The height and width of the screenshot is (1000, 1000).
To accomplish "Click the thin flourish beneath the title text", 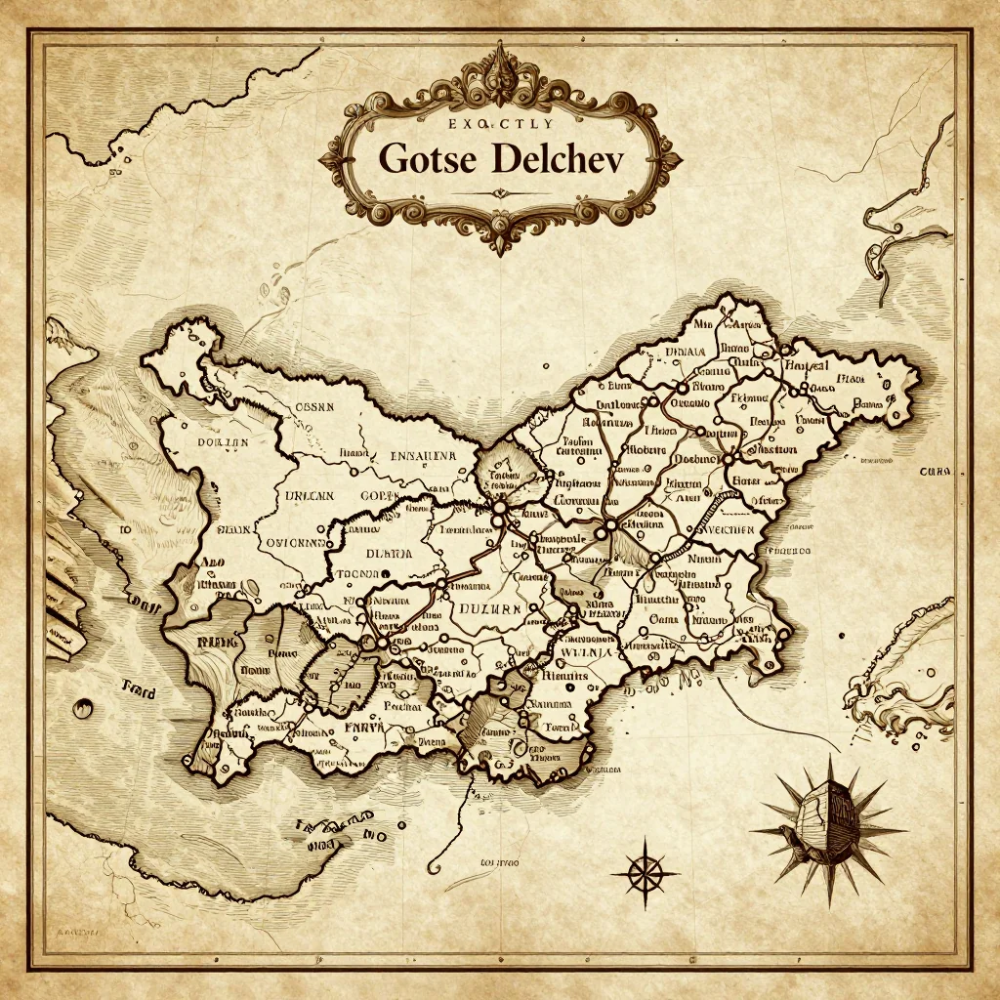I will pyautogui.click(x=499, y=192).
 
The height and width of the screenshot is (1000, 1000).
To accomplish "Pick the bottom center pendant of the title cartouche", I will pyautogui.click(x=499, y=239).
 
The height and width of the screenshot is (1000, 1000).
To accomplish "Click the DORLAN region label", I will pyautogui.click(x=224, y=442).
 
